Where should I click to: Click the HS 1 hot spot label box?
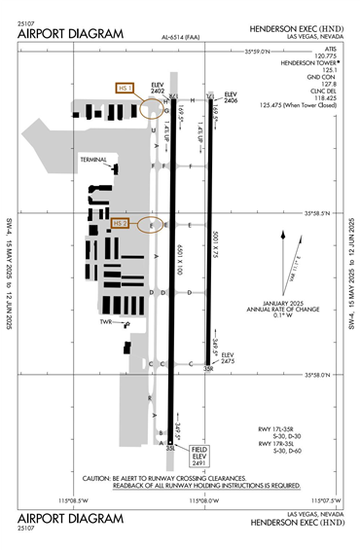[124, 89]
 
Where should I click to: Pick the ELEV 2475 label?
[228, 358]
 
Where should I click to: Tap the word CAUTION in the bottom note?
[100, 478]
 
